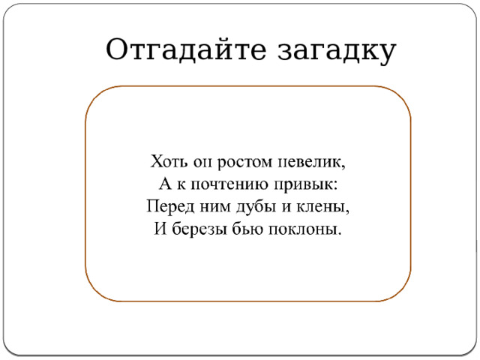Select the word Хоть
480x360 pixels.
coord(168,161)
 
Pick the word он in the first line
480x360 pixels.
coord(200,162)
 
